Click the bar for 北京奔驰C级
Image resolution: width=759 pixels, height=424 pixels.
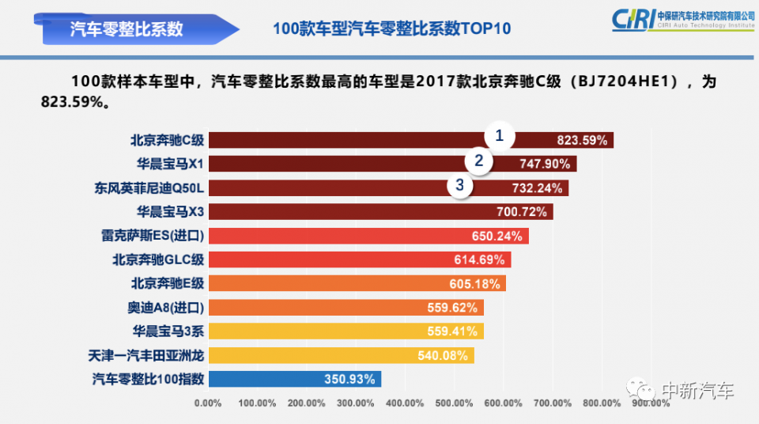(356, 140)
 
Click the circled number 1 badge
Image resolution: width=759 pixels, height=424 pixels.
(499, 135)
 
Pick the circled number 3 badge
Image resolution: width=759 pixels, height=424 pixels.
(460, 186)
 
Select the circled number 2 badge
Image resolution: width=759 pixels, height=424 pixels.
(478, 161)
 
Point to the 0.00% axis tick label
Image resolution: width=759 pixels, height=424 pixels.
(207, 403)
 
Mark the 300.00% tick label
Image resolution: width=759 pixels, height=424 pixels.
(355, 403)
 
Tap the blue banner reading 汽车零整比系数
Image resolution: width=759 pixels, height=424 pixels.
(126, 28)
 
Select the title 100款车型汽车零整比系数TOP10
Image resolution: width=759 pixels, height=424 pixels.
(391, 28)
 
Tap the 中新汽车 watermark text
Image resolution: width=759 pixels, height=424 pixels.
(697, 390)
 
